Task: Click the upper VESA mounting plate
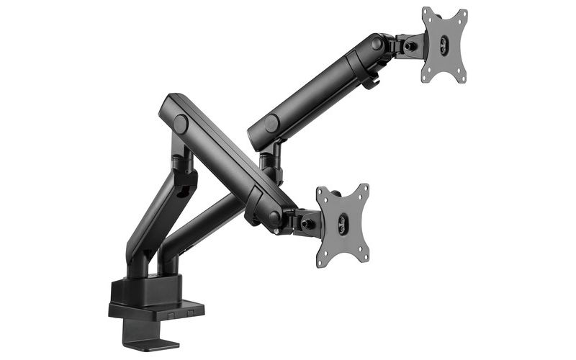click(444, 45)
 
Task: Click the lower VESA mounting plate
click(342, 223)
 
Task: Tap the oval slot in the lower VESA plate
click(343, 224)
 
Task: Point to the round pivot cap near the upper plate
click(377, 44)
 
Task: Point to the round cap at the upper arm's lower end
click(271, 124)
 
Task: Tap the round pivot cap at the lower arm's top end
click(180, 124)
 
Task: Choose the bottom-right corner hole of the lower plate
click(364, 253)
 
